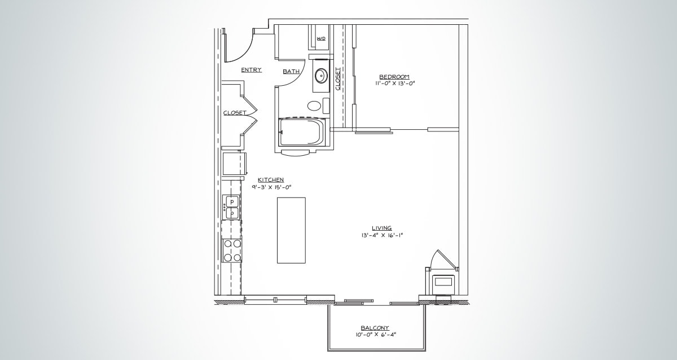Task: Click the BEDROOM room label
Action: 394,77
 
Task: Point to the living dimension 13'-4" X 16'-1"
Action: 382,235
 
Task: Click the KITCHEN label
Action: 271,180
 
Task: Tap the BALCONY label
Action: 375,328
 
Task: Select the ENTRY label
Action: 251,70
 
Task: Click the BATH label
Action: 291,72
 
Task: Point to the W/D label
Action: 321,38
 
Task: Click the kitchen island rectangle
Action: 291,230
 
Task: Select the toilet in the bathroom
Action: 314,105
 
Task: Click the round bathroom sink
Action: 321,75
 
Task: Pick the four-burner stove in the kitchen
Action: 232,251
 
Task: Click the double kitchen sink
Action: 231,207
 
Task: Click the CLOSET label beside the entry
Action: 234,113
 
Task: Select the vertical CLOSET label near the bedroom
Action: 338,79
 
